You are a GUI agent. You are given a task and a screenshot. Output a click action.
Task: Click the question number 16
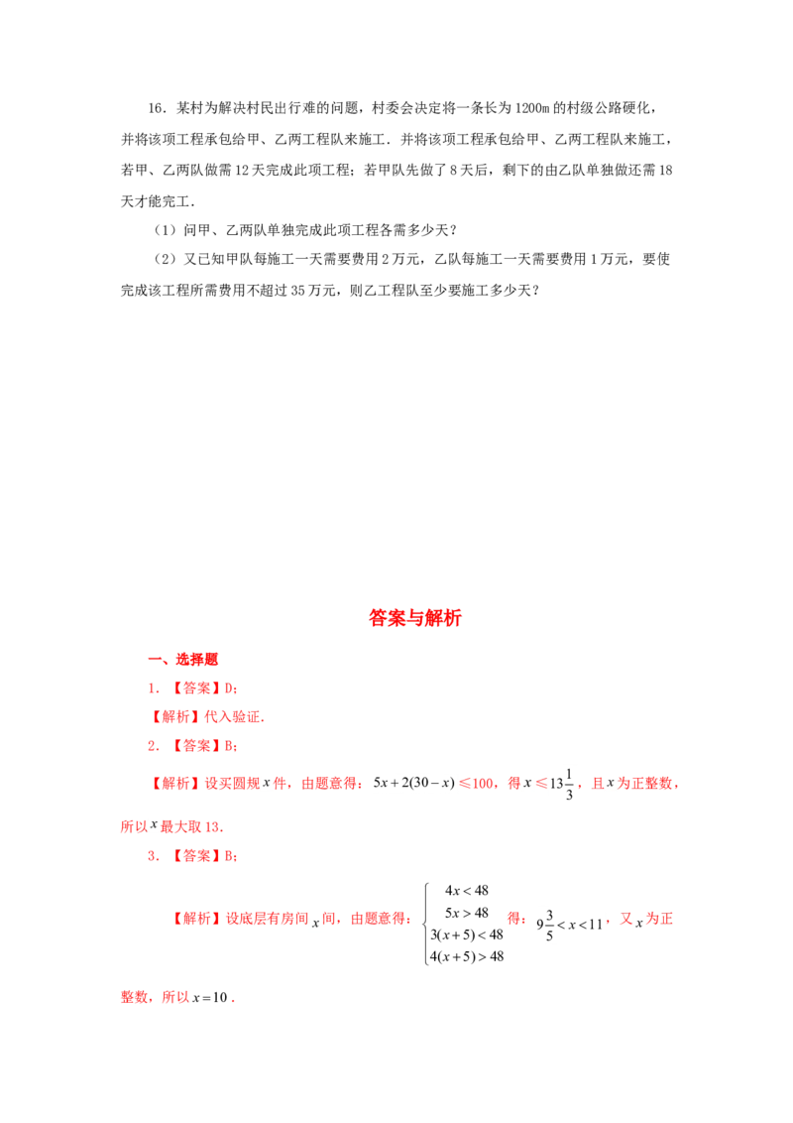click(156, 108)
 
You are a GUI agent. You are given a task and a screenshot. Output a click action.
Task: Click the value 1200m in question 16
click(531, 108)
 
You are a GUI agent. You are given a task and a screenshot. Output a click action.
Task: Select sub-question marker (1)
click(165, 230)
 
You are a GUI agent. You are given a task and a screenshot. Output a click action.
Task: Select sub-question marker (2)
click(165, 259)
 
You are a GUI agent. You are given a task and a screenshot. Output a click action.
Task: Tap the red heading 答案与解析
click(415, 617)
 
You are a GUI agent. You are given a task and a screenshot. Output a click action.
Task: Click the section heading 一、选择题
click(182, 659)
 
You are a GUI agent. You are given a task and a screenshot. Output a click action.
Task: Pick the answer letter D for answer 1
click(229, 688)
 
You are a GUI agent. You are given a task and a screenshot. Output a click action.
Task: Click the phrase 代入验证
click(233, 717)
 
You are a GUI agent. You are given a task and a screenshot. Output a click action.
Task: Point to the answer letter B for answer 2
click(229, 746)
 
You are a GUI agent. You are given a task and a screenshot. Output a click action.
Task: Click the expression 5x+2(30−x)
click(413, 783)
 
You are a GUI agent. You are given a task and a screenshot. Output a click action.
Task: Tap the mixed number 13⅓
click(561, 784)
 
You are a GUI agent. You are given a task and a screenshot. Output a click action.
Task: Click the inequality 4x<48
click(467, 891)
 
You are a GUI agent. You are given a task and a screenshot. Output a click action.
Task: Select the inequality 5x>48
click(467, 913)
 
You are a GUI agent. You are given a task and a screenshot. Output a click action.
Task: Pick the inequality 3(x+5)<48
click(467, 935)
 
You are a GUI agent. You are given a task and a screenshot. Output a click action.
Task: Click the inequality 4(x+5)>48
click(467, 957)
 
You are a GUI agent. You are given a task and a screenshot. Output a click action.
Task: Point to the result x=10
click(210, 997)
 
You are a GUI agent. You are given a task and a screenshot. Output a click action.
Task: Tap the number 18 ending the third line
click(665, 171)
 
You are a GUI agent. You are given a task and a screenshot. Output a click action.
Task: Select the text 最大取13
click(190, 826)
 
